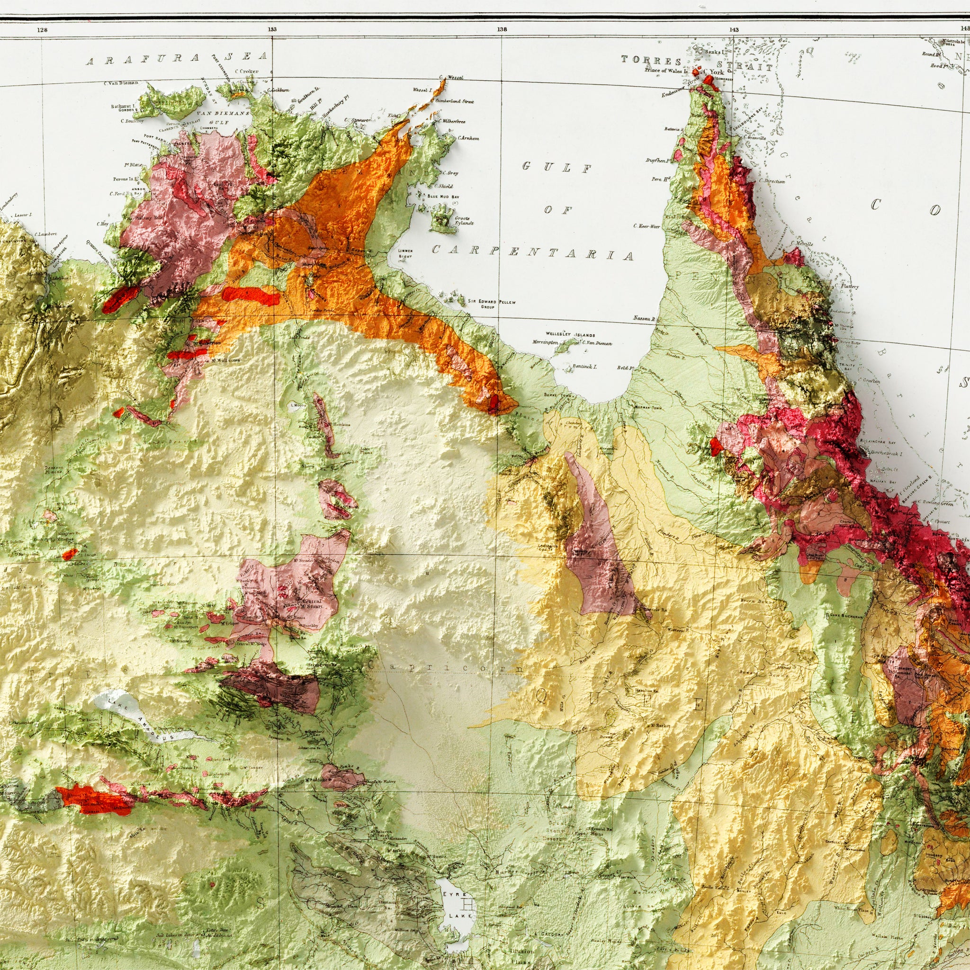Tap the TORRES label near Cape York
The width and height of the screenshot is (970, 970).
[x=651, y=61]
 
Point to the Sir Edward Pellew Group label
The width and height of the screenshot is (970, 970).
[x=492, y=303]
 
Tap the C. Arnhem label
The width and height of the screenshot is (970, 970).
[x=468, y=138]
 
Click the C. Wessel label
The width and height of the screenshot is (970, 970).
[x=450, y=77]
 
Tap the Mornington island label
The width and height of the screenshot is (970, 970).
[x=545, y=342]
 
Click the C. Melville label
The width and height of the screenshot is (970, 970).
[x=801, y=243]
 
